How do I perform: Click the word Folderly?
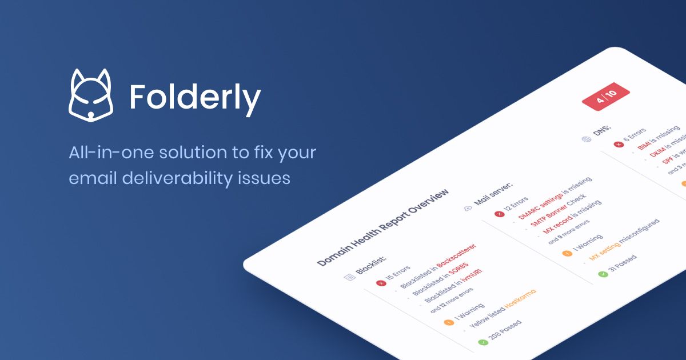(195, 98)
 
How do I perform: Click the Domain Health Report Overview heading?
(382, 227)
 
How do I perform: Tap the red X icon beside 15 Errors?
(381, 283)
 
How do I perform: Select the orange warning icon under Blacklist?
(448, 322)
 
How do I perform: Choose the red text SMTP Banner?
(544, 217)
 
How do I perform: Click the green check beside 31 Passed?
(602, 274)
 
